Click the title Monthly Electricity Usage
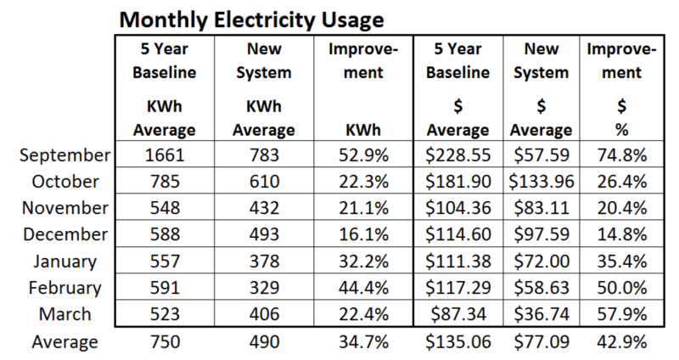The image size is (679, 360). coord(251,20)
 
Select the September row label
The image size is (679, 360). coord(65,155)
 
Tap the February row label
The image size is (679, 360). coord(65,288)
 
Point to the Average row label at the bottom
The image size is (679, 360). coord(65,342)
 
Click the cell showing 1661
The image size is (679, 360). coord(165,155)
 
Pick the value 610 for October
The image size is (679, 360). coord(264,182)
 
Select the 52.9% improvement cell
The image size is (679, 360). coord(363,155)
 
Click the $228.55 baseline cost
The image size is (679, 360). coord(457,155)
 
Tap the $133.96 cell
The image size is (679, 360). coord(542,182)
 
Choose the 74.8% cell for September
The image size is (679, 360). coord(622,155)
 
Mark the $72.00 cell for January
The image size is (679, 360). coord(542,262)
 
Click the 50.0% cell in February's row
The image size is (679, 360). coord(622,288)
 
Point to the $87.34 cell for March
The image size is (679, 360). coord(457,314)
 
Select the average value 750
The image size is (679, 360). coord(165,342)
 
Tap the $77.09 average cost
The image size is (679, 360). coord(542,342)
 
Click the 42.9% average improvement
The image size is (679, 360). coord(622,342)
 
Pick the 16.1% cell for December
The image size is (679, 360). coord(363,234)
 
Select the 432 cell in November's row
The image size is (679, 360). coord(264,208)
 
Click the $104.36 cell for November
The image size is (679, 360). coord(457,208)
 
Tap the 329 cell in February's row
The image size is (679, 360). coord(264,288)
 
